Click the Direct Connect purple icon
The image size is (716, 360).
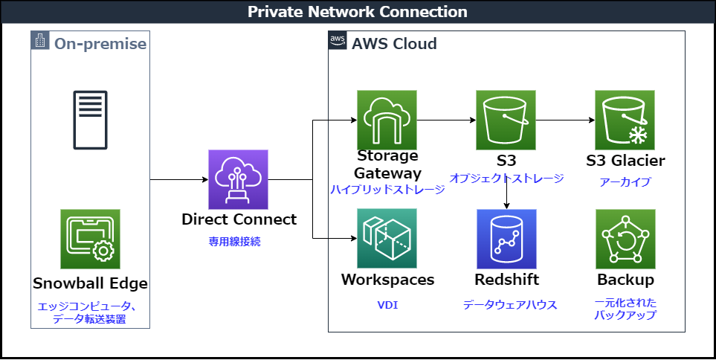(x=238, y=179)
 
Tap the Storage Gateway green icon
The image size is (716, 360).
(x=387, y=120)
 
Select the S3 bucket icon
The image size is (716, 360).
(x=506, y=120)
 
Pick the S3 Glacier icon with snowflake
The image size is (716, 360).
(x=625, y=120)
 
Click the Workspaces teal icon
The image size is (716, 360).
(x=387, y=238)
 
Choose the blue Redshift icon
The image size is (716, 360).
(x=506, y=238)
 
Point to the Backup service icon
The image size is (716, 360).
(x=625, y=238)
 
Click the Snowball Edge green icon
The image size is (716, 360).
(x=90, y=238)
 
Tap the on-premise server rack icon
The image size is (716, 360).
(x=90, y=120)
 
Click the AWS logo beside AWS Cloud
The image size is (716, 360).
(x=338, y=42)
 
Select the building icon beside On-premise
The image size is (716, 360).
(x=40, y=42)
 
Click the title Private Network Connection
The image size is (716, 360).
(x=358, y=12)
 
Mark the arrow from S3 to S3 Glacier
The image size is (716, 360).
(x=565, y=120)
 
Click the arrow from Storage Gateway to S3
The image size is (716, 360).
(x=446, y=120)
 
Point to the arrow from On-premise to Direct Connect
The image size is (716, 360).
(x=178, y=179)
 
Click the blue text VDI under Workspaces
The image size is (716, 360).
(x=387, y=304)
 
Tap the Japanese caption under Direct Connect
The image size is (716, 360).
(x=238, y=241)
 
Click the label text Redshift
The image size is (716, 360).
(x=506, y=280)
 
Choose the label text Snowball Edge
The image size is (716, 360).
(x=90, y=283)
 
